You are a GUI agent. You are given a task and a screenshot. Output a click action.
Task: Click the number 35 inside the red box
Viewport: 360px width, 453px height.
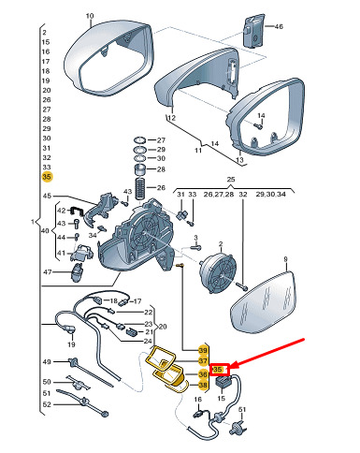click(217, 370)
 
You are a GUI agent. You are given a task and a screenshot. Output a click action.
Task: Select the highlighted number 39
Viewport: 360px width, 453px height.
click(203, 350)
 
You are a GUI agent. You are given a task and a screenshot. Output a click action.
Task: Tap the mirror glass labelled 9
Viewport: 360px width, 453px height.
click(264, 300)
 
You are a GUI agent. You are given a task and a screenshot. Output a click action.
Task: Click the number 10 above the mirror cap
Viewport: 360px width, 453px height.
click(90, 16)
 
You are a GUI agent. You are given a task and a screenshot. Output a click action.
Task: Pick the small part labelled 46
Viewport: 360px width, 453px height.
click(253, 30)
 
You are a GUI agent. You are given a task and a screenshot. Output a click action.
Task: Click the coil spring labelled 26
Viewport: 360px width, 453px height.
click(140, 188)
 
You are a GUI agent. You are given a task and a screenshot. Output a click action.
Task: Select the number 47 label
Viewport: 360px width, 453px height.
click(48, 272)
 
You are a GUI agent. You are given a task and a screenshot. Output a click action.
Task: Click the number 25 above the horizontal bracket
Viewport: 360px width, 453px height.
click(231, 180)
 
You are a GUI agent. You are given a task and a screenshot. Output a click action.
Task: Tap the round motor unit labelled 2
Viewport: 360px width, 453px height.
click(218, 273)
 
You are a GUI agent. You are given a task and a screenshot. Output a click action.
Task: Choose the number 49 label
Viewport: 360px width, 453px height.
click(47, 362)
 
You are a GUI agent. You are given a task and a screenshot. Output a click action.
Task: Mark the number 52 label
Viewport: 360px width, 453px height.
click(47, 404)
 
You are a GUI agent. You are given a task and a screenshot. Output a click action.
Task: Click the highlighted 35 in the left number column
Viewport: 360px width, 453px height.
click(47, 177)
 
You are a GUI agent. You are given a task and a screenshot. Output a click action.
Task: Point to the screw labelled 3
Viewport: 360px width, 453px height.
click(195, 248)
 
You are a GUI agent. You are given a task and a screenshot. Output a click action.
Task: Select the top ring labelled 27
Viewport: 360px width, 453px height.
click(140, 140)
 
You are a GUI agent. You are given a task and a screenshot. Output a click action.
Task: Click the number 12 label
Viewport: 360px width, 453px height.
click(171, 118)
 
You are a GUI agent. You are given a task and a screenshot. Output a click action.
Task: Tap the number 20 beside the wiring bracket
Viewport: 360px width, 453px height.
click(163, 327)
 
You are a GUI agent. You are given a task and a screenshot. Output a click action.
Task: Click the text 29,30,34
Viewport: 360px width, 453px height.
click(270, 194)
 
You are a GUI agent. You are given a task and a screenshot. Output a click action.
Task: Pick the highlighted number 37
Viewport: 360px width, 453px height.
click(203, 361)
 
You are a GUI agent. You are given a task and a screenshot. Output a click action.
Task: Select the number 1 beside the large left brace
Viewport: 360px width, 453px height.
click(33, 222)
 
